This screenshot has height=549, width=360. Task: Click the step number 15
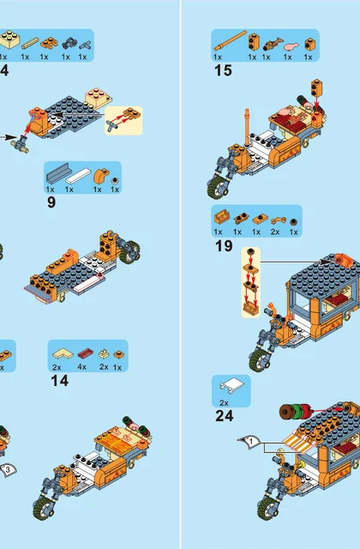[223, 70]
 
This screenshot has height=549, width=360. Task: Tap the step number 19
[224, 246]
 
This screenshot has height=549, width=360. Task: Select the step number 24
[225, 416]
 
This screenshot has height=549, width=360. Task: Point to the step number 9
[51, 202]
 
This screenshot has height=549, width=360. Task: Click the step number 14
[59, 381]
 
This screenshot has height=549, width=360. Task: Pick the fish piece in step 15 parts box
[271, 44]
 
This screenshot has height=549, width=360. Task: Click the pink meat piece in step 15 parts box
[291, 45]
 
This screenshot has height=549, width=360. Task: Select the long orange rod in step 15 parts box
[231, 40]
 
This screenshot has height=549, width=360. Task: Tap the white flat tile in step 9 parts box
[78, 175]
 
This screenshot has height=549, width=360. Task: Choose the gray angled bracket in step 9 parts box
[59, 173]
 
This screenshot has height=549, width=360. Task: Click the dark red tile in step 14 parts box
[86, 353]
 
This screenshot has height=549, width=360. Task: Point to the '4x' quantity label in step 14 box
[82, 367]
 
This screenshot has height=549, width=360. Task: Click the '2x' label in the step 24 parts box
[224, 403]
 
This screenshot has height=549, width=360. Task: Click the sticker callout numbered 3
[8, 469]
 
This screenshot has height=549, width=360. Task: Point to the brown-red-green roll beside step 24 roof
[296, 412]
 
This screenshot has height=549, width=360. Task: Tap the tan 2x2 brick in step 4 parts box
[9, 39]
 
